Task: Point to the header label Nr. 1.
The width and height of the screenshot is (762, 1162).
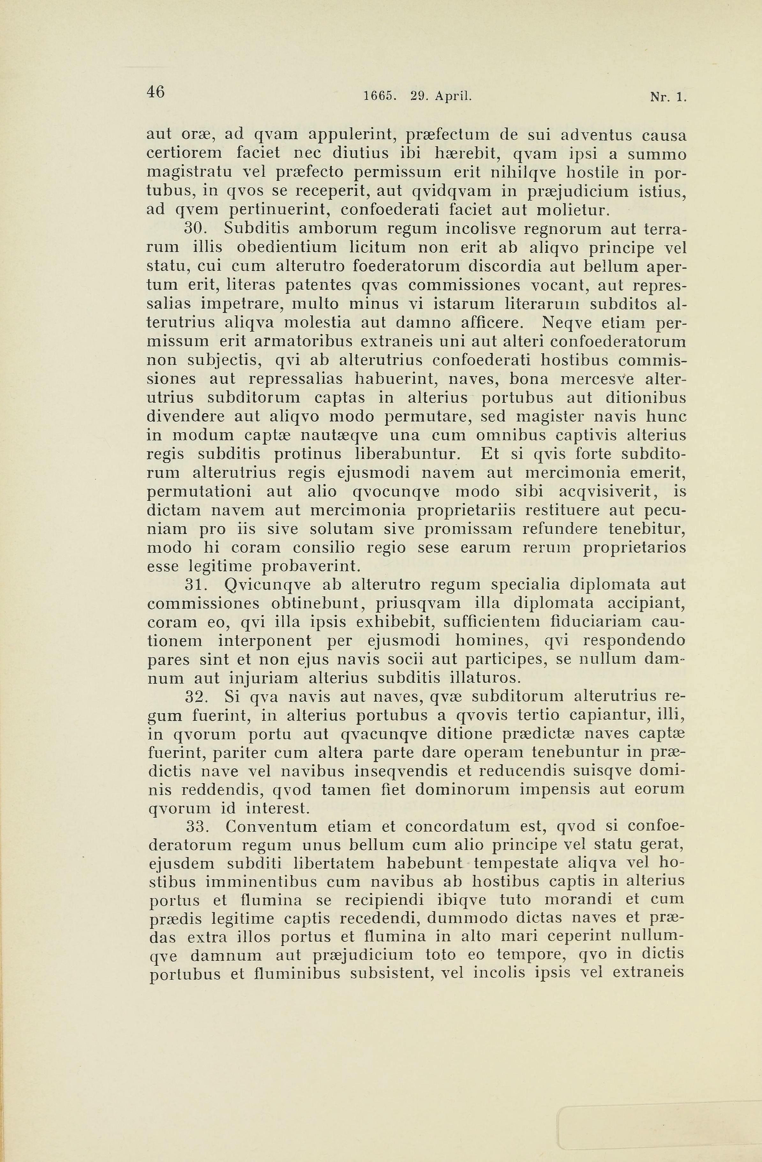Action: [x=668, y=97]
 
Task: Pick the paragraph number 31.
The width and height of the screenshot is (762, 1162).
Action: [x=198, y=585]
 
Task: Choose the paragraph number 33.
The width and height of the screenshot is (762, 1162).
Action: [x=198, y=827]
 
